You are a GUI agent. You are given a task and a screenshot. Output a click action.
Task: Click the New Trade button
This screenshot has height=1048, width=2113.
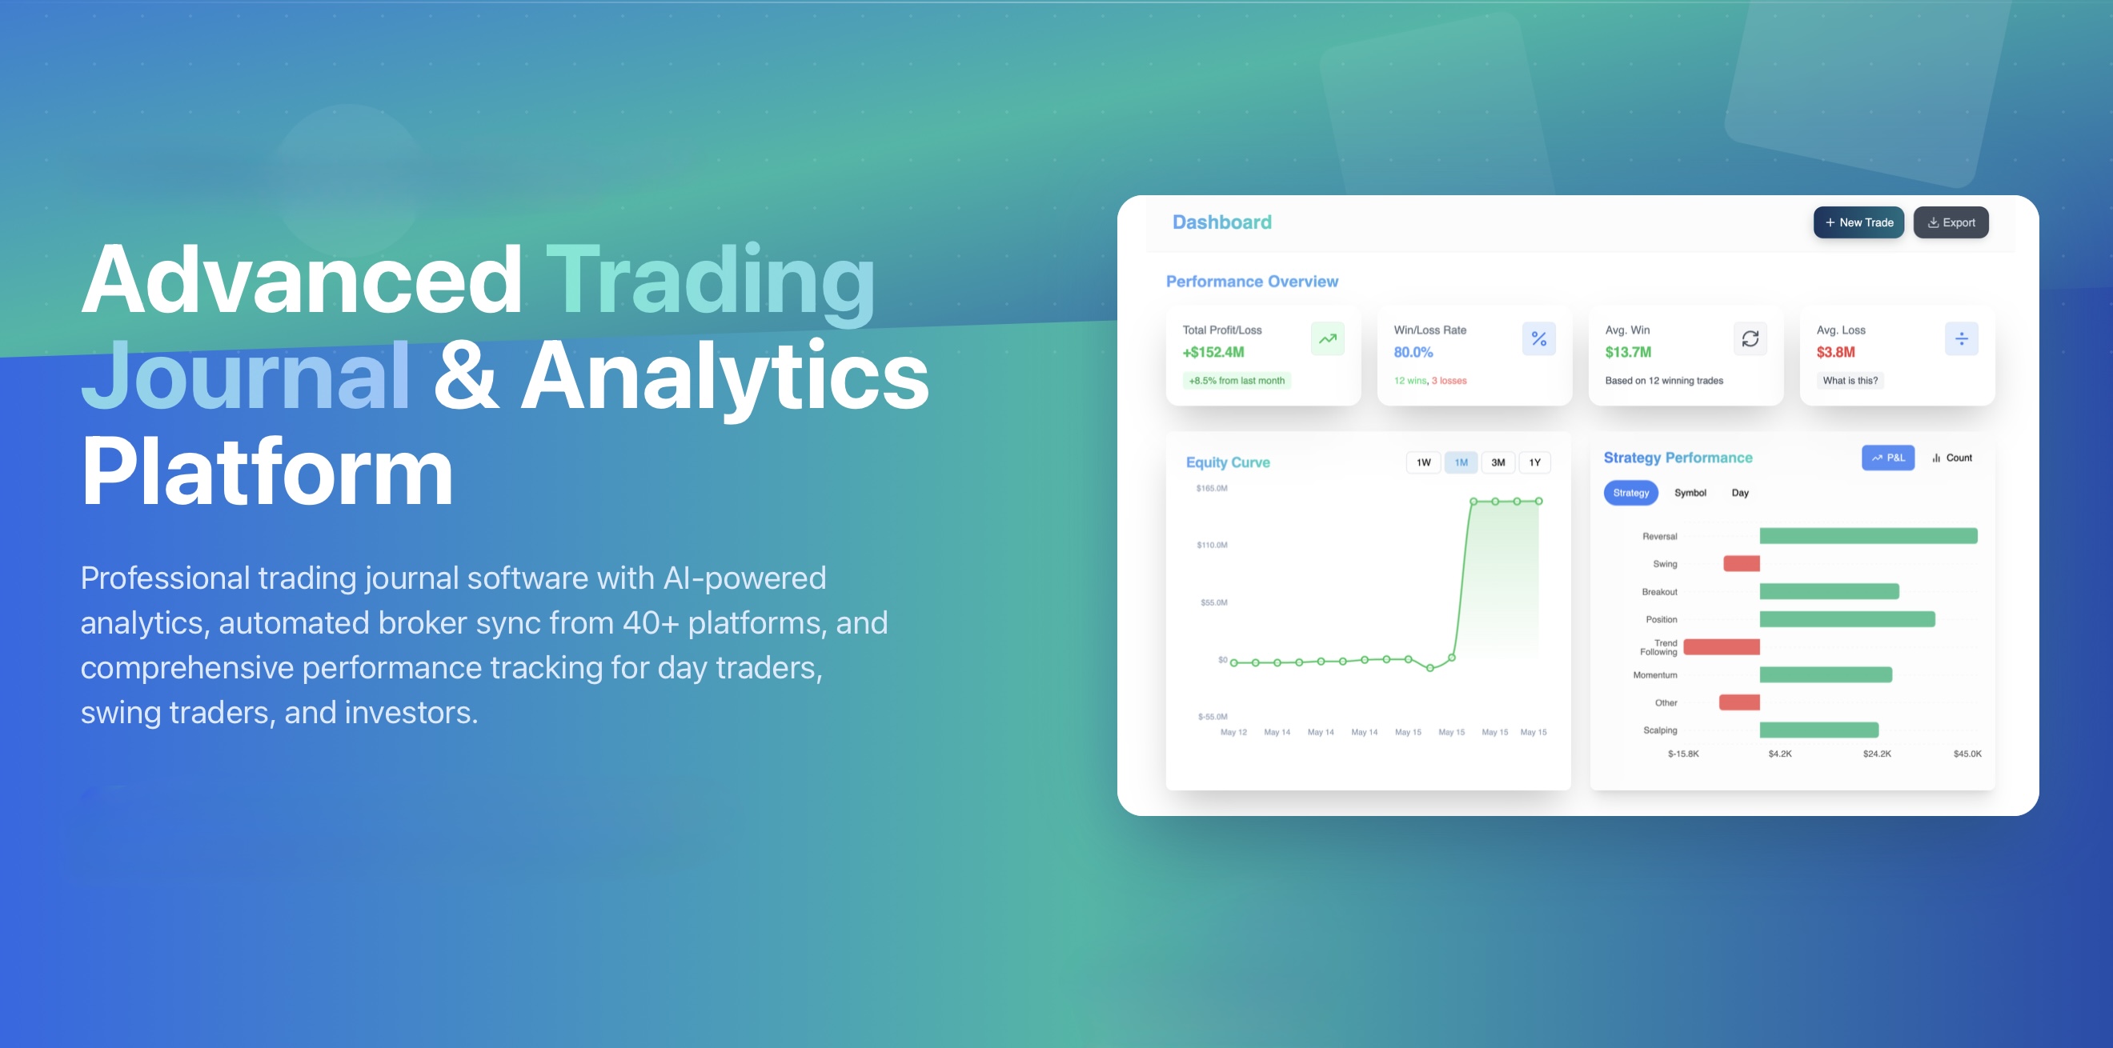[x=1858, y=222]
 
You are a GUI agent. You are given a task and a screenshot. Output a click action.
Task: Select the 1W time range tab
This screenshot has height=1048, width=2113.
[x=1423, y=462]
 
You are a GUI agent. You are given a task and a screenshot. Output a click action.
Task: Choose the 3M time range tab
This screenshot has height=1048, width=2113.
[x=1498, y=462]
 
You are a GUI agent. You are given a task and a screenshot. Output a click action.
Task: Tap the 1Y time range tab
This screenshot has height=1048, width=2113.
[x=1534, y=462]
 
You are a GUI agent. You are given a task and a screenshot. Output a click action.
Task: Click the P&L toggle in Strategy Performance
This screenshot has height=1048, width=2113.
[x=1887, y=458]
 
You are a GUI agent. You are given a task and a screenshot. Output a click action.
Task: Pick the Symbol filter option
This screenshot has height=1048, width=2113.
[x=1690, y=493]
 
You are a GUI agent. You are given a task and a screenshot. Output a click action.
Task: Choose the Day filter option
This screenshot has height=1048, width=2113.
[x=1740, y=493]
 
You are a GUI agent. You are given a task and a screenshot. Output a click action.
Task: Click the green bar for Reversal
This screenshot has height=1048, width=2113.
[x=1868, y=536]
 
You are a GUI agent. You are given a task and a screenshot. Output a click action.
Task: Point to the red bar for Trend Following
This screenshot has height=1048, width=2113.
[x=1721, y=647]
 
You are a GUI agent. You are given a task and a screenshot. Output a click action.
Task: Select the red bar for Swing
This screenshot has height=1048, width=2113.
[x=1742, y=563]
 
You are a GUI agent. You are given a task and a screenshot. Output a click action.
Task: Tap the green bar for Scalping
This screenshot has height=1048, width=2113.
[x=1818, y=730]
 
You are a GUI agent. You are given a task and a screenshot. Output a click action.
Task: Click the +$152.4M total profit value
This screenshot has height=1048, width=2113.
[x=1213, y=353]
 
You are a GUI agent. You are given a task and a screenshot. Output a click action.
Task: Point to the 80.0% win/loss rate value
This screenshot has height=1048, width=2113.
[x=1413, y=353]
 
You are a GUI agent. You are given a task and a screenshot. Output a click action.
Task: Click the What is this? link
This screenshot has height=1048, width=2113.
[x=1850, y=381]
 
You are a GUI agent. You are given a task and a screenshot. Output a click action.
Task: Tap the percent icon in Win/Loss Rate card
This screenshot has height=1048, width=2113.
[x=1539, y=338]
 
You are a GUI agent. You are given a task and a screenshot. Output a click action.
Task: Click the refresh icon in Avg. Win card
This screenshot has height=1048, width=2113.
[x=1750, y=338]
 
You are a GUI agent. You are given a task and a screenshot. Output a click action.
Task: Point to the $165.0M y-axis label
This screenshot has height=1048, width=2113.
[x=1212, y=489]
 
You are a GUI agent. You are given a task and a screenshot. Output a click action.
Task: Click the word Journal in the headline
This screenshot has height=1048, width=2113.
[x=245, y=375]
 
